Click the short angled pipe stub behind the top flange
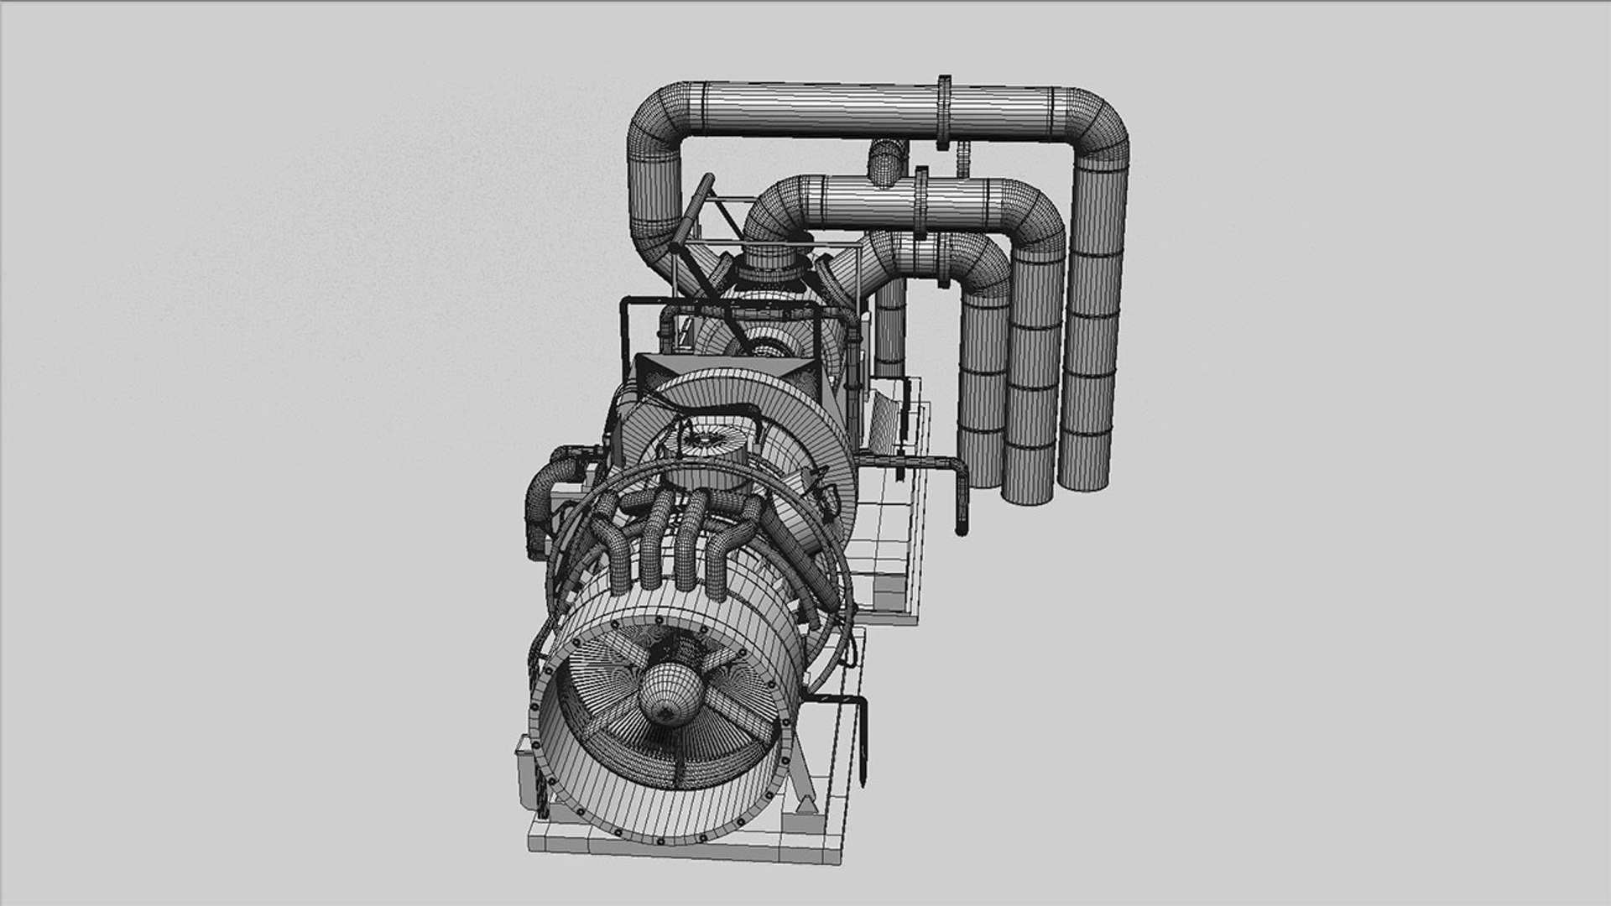tap(888, 163)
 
